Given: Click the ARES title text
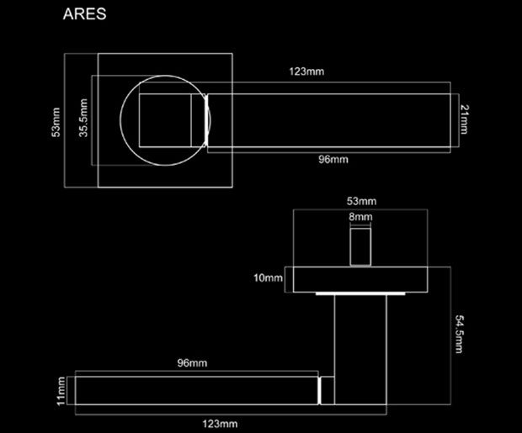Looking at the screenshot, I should click(x=85, y=15).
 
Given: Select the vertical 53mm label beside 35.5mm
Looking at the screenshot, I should click(x=56, y=120).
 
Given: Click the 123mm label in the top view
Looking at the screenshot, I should click(x=306, y=72).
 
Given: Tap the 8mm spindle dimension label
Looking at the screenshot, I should click(x=360, y=217).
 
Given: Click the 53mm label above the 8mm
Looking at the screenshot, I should click(x=361, y=201).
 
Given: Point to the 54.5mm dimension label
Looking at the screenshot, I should click(x=459, y=334).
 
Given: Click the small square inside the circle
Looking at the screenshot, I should click(x=168, y=120).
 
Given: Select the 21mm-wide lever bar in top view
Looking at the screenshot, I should click(x=328, y=120).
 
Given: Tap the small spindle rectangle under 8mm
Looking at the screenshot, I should click(x=361, y=246).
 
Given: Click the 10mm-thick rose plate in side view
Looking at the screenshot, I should click(x=360, y=277).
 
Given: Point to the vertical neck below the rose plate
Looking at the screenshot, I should click(x=360, y=336).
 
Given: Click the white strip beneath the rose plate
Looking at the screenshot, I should click(x=360, y=293).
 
